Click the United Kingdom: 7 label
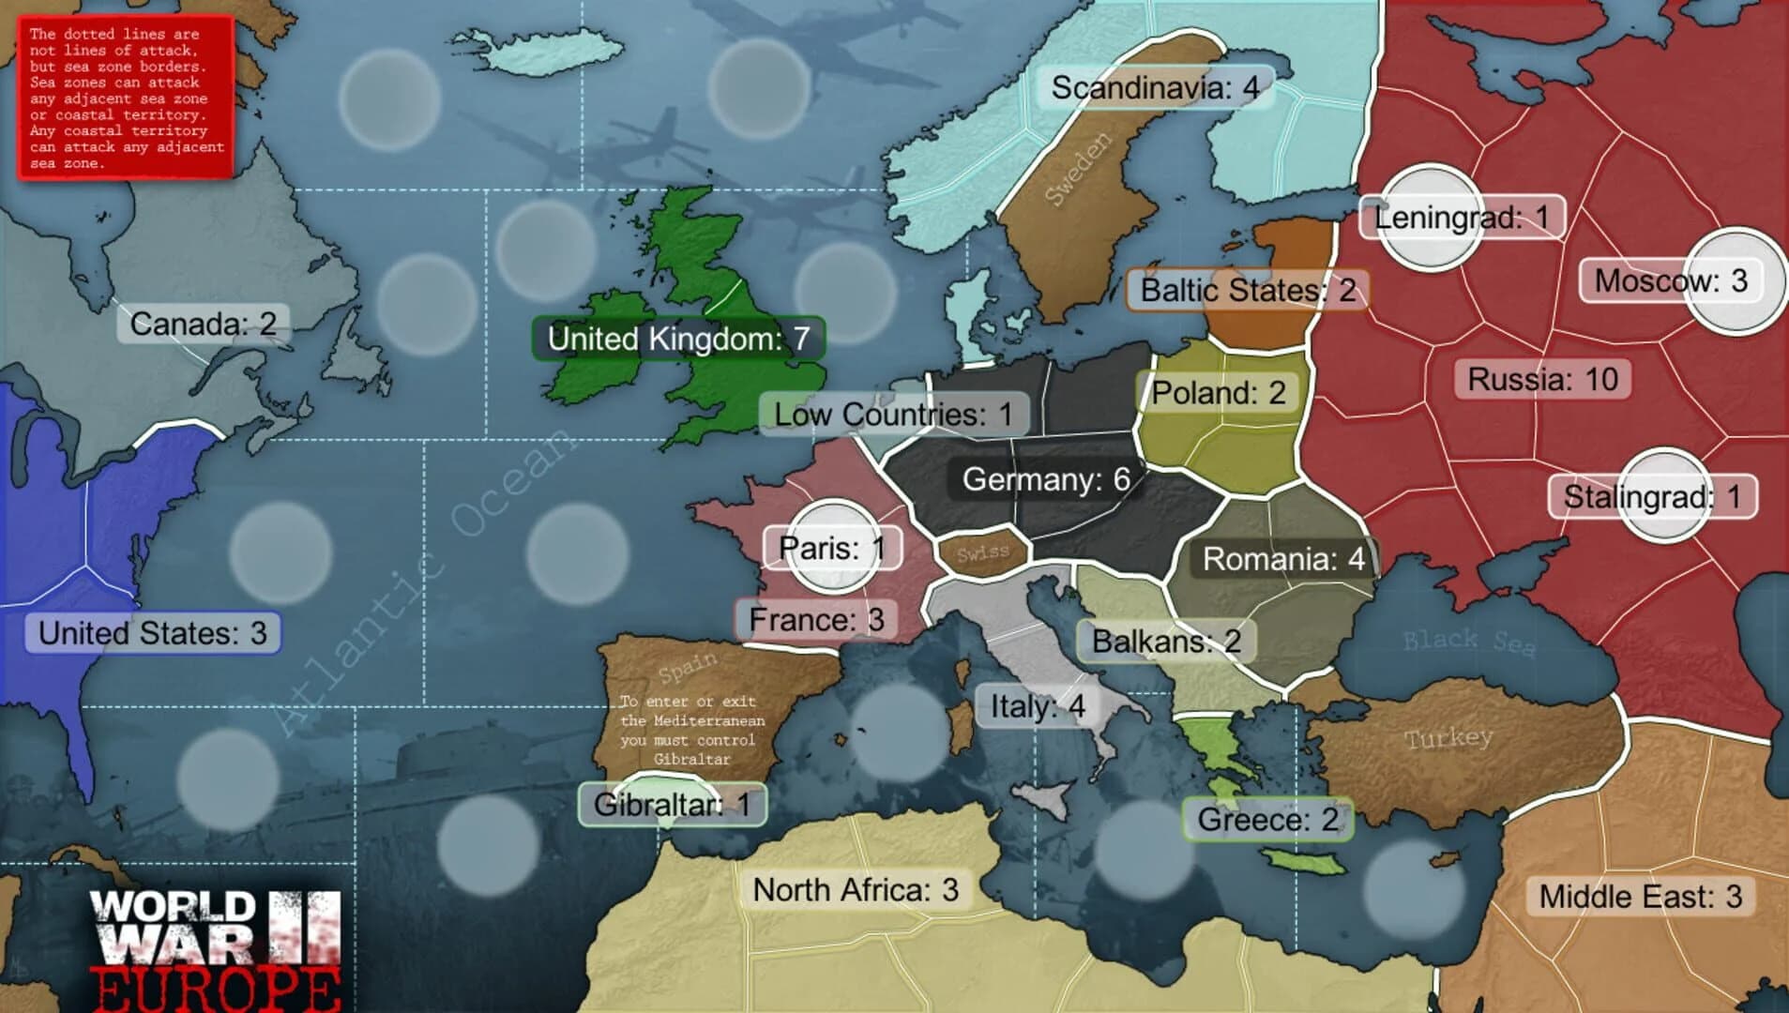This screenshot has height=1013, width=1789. [678, 339]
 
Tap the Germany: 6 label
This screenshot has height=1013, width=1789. [1045, 479]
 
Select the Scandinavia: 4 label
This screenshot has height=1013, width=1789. [1155, 88]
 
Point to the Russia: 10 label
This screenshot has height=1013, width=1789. [1542, 380]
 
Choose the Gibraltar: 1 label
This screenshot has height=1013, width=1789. [672, 805]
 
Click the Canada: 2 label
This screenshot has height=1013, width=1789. [203, 325]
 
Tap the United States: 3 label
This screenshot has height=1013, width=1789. [153, 633]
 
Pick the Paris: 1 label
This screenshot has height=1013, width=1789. [832, 548]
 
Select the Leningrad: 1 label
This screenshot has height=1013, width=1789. [1462, 218]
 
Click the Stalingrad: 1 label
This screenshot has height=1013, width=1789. [1651, 496]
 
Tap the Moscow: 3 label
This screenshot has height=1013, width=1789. [1671, 280]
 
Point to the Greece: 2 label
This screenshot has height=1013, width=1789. [1267, 820]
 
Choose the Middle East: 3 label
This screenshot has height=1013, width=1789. [1640, 897]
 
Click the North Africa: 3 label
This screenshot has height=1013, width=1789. [856, 889]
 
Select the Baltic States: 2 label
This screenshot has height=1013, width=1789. [1248, 291]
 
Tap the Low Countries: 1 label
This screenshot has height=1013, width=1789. [893, 414]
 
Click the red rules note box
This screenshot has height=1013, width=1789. [126, 98]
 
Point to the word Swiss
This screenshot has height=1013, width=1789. [982, 553]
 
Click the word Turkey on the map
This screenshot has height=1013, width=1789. [1448, 738]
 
